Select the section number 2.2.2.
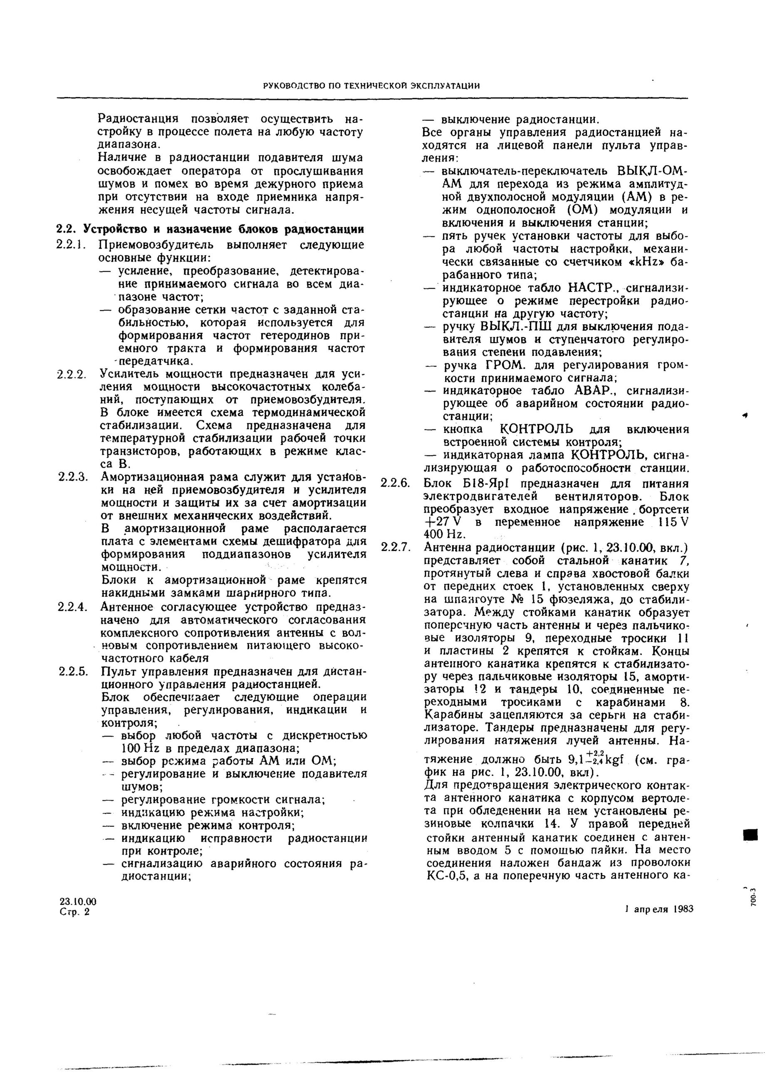pos(71,374)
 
